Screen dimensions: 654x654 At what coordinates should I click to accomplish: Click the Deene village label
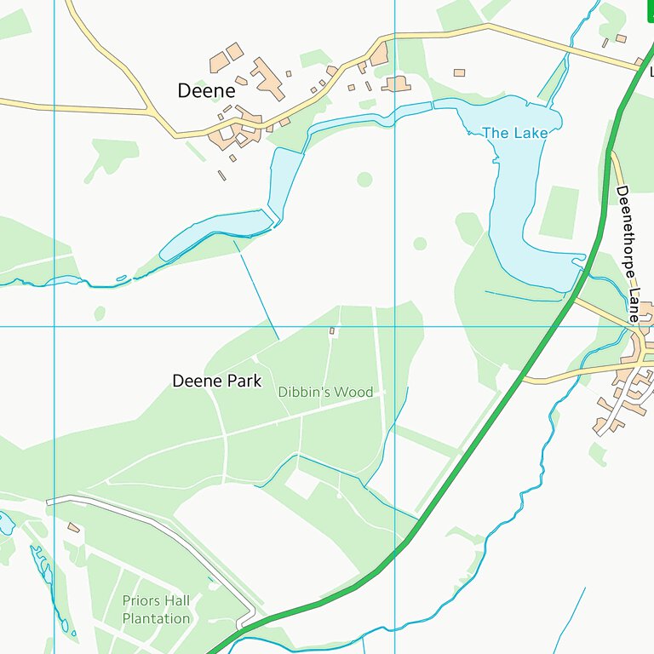(x=205, y=90)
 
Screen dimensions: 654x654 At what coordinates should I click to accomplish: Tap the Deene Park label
(x=216, y=381)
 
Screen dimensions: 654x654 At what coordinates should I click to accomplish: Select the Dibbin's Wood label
(x=325, y=392)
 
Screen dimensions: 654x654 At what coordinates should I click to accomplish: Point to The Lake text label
(x=514, y=133)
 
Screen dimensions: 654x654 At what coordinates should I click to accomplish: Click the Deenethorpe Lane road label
(x=628, y=253)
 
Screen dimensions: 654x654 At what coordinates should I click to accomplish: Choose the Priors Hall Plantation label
(x=156, y=610)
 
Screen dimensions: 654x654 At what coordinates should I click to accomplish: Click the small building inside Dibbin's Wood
(x=332, y=330)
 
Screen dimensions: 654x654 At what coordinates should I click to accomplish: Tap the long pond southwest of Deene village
(x=217, y=232)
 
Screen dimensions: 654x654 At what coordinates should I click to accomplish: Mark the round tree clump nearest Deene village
(x=364, y=179)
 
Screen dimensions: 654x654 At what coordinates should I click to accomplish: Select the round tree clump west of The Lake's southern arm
(x=420, y=244)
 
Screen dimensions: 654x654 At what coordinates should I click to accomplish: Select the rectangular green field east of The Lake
(x=559, y=211)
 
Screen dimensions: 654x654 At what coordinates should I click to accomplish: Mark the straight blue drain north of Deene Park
(x=257, y=290)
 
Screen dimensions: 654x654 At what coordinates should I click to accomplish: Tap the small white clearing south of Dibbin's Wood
(x=301, y=484)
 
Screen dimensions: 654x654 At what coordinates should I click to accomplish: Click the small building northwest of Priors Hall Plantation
(x=73, y=528)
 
